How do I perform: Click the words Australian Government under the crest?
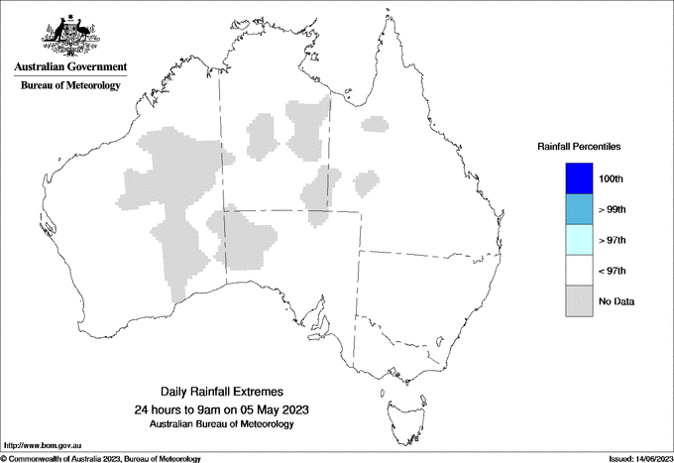(70, 67)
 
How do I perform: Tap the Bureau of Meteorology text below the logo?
(70, 86)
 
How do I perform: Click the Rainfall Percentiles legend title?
(579, 147)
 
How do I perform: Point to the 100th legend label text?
(612, 179)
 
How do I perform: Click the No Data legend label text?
(617, 301)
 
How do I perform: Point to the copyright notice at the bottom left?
(100, 458)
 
